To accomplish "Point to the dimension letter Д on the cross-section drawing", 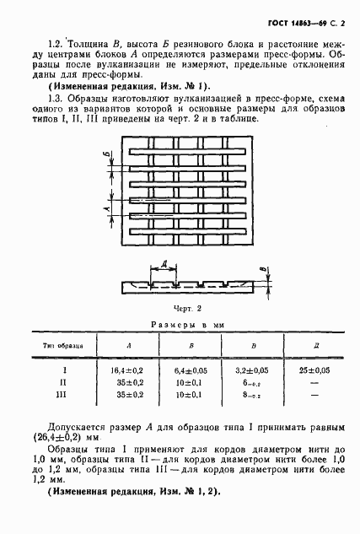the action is (164, 262).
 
